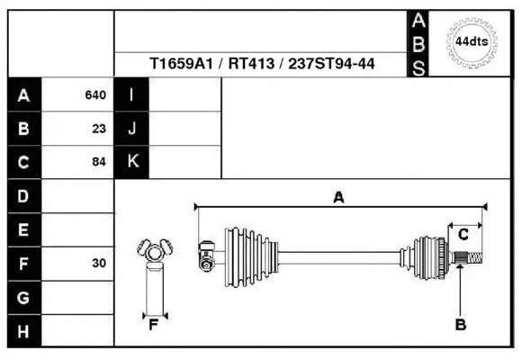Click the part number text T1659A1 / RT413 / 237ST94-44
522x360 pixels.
point(262,64)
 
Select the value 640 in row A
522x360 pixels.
point(95,94)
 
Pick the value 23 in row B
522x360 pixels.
point(99,129)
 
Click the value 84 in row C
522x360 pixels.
point(99,163)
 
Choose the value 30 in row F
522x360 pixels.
point(99,264)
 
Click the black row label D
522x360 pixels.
point(23,196)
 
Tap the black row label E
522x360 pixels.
point(23,230)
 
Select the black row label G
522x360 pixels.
point(23,297)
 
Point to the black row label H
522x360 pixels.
point(23,331)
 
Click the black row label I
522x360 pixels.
point(132,94)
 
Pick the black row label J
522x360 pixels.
point(132,129)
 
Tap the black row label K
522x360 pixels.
point(132,163)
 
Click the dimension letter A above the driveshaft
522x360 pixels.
point(338,198)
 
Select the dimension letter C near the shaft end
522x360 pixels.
point(463,235)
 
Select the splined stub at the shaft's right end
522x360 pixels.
point(472,259)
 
